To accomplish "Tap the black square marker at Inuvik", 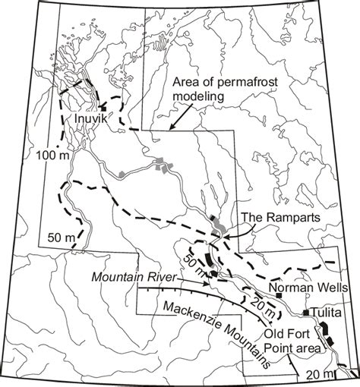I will coord(102,108).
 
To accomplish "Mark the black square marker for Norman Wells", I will coord(279,294).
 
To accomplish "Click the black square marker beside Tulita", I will coord(306,313).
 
